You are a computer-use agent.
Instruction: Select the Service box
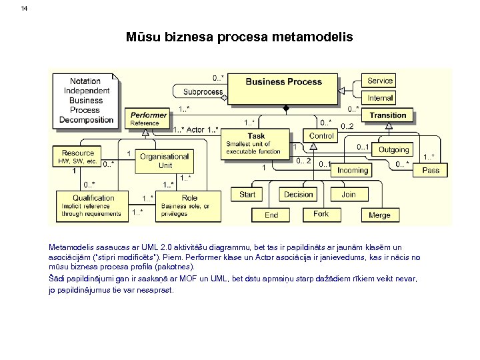[x=380, y=81]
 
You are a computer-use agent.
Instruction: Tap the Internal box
[x=380, y=98]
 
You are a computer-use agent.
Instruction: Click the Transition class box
[x=388, y=116]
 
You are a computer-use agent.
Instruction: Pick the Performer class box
[x=149, y=119]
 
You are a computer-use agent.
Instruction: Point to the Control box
[x=321, y=136]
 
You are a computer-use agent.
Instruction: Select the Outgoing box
[x=393, y=150]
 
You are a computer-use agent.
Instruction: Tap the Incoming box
[x=352, y=170]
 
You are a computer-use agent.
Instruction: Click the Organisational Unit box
[x=165, y=161]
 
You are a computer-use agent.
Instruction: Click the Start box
[x=247, y=195]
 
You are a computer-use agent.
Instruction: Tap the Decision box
[x=298, y=195]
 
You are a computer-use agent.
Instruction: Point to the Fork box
[x=321, y=214]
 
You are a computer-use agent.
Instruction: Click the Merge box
[x=379, y=215]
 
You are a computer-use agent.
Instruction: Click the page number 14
[x=25, y=9]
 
